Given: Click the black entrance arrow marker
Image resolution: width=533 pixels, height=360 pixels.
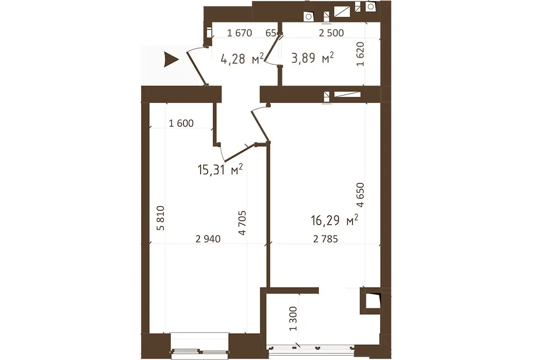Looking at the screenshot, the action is point(170,60).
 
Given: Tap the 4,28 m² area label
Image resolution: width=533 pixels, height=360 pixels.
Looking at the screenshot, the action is point(242,59).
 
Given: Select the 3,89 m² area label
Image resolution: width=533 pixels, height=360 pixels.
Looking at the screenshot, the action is point(313,58).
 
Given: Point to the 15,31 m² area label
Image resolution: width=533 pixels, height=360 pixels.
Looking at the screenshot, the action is point(220,169).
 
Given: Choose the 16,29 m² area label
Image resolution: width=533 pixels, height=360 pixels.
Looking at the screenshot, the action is point(335,220).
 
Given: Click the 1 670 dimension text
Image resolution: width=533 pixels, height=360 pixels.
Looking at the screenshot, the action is point(240,33).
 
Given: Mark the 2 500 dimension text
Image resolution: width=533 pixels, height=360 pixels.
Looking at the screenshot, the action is point(331,33).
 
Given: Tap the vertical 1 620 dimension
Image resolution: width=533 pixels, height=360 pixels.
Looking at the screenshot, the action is point(360,54).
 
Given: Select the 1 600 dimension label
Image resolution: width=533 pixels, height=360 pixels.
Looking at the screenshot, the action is point(181,123).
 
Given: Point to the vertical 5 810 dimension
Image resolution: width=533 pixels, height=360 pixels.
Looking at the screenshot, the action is point(160,218).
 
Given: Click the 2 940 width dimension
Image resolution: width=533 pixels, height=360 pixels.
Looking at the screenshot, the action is point(208,239).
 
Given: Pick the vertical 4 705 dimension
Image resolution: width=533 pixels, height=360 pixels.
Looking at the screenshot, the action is point(242,223).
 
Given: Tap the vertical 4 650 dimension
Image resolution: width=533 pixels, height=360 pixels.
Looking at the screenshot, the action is point(360,195).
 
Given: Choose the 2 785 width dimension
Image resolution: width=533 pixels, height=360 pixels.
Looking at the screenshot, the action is point(326,239).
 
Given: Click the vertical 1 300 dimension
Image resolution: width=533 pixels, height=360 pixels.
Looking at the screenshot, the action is point(293,319).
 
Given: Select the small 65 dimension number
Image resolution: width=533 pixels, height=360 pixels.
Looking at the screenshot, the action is point(270,33).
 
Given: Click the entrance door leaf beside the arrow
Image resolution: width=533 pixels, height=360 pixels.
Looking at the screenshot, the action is point(197,68).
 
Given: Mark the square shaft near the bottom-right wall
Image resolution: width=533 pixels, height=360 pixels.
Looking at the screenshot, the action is point(371,301).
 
